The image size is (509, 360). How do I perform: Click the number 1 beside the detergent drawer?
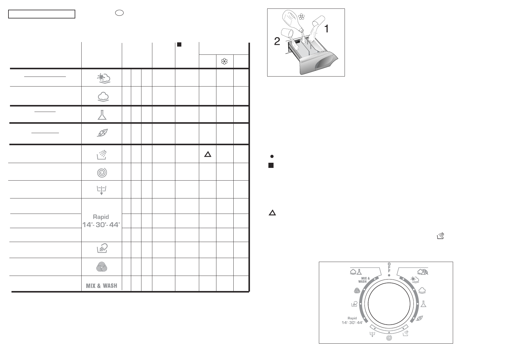326,29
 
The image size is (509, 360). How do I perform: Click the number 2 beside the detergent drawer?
277,41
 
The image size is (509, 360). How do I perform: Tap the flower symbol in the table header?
224,61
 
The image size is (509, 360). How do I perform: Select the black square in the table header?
179,44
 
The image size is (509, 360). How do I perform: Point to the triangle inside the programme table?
208,154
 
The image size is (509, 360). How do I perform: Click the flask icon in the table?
102,115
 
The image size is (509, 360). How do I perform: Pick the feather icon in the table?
102,133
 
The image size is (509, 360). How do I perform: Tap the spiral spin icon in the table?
102,173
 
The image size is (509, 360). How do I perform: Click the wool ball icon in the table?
102,267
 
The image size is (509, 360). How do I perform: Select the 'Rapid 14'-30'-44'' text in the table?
101,221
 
